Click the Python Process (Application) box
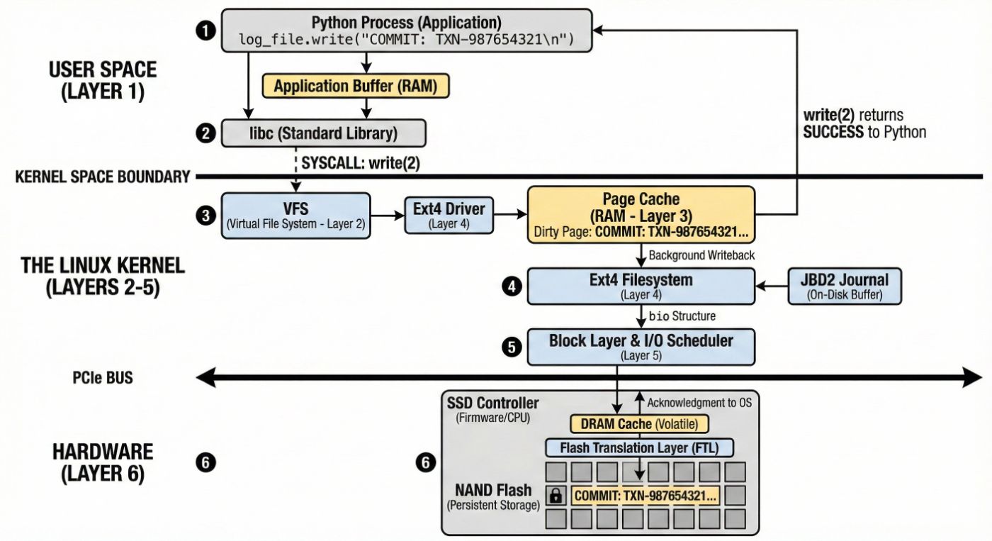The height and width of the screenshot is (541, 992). [406, 30]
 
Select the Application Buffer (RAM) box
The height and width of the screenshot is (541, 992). [356, 87]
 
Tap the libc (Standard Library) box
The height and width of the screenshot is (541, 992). [325, 133]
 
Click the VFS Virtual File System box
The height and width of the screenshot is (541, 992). [296, 216]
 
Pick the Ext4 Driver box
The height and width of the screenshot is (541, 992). [449, 215]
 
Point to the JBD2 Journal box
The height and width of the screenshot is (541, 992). [845, 286]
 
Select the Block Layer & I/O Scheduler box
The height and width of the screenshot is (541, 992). [641, 347]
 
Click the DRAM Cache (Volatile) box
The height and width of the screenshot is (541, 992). [639, 424]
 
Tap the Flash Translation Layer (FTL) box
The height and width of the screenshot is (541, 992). [639, 447]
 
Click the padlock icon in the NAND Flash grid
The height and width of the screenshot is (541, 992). [556, 496]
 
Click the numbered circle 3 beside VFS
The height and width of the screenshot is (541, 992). [205, 216]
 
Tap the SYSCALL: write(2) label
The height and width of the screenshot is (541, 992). [361, 163]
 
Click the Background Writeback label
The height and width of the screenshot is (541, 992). [698, 255]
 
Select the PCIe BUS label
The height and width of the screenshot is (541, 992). [103, 379]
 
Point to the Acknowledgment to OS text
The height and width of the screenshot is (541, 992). [699, 403]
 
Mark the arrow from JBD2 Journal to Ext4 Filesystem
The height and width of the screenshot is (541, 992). [772, 286]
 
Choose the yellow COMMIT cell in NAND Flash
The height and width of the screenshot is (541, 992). [645, 496]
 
